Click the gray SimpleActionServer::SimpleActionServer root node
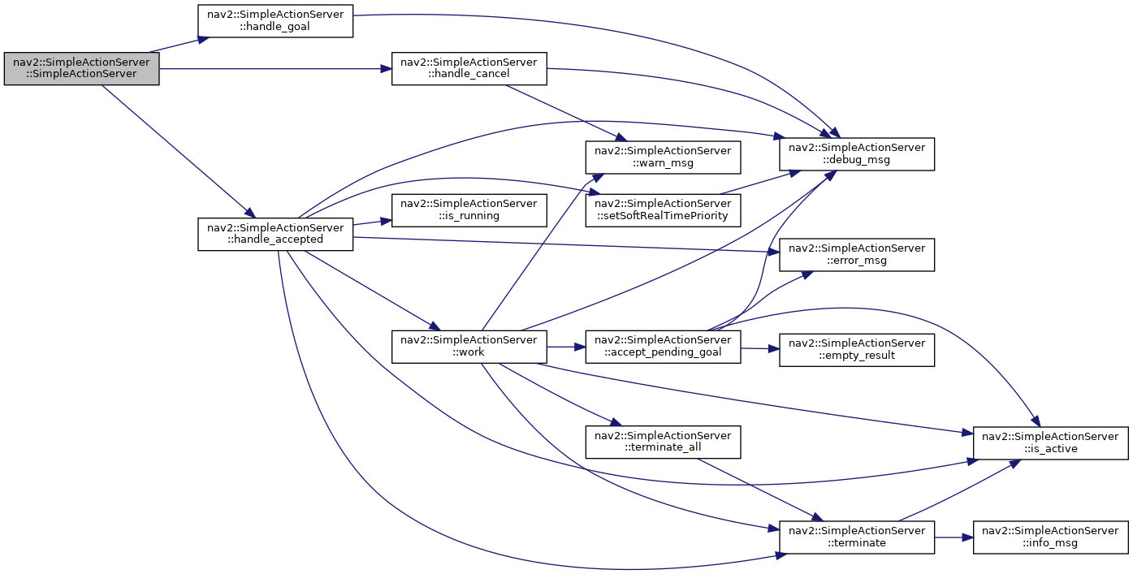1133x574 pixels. tap(81, 68)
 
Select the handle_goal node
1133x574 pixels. tap(275, 21)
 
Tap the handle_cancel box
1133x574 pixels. tap(469, 68)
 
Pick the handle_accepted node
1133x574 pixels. tap(275, 234)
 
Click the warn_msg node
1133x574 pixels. tap(663, 158)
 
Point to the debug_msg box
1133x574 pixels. tap(856, 153)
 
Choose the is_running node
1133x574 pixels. tap(469, 210)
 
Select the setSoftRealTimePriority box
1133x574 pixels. tap(663, 210)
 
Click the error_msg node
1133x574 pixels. tap(856, 254)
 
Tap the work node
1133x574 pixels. tap(469, 347)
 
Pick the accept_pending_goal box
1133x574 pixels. tap(663, 347)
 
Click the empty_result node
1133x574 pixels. tap(856, 350)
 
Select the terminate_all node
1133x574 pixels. tap(663, 442)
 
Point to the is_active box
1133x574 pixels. tap(1050, 443)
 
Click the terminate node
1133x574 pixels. tap(856, 537)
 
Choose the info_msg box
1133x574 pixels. tap(1050, 537)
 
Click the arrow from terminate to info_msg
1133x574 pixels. tap(954, 537)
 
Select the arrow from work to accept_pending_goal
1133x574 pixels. tap(566, 347)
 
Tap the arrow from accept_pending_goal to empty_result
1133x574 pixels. tap(759, 348)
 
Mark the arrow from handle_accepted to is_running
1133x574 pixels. tap(372, 222)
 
